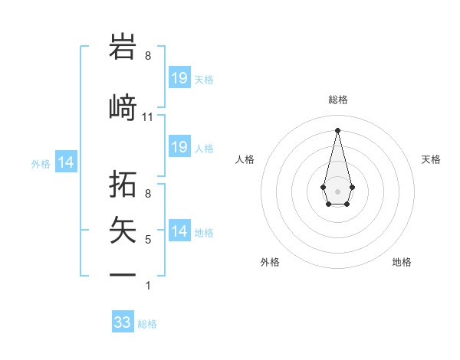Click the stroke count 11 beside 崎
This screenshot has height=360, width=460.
(x=148, y=117)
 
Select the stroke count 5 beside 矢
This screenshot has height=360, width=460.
(x=148, y=240)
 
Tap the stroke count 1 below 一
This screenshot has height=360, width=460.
(x=148, y=286)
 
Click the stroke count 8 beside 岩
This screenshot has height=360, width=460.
(x=148, y=56)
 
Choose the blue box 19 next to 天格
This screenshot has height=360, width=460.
(x=179, y=78)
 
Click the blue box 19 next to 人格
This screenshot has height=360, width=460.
(x=179, y=147)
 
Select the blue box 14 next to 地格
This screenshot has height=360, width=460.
(x=179, y=231)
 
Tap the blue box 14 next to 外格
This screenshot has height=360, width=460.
(x=66, y=162)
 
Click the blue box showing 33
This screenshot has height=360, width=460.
(x=123, y=322)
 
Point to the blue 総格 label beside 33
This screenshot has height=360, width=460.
(x=147, y=324)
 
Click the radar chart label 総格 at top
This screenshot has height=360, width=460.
(x=337, y=100)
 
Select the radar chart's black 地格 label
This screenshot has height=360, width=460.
(x=402, y=262)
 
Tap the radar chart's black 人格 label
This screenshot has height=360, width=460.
(x=245, y=159)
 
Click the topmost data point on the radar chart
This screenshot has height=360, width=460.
(x=337, y=129)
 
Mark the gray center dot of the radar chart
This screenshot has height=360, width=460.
(x=337, y=190)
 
